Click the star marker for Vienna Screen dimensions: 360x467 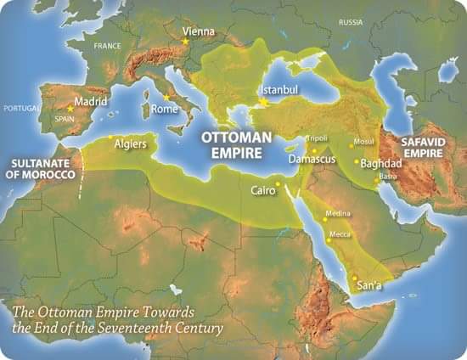pyautogui.click(x=185, y=39)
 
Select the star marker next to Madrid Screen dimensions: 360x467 pyautogui.click(x=70, y=109)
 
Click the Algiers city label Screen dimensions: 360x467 pyautogui.click(x=130, y=144)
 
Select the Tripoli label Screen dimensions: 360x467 pyautogui.click(x=318, y=138)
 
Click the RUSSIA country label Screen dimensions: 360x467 pyautogui.click(x=350, y=21)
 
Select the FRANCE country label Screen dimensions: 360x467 pyautogui.click(x=108, y=45)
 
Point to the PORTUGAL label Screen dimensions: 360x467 pyautogui.click(x=21, y=109)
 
